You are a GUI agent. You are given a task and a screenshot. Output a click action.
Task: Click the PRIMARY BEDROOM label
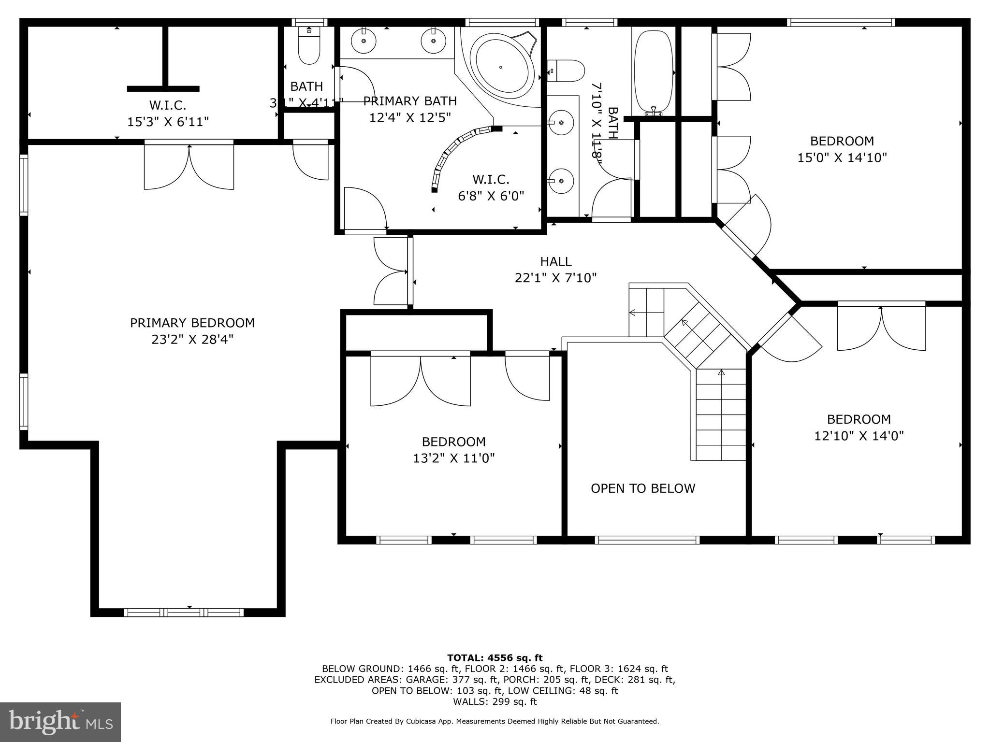(x=192, y=323)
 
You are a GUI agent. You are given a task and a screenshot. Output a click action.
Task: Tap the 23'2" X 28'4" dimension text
(x=192, y=340)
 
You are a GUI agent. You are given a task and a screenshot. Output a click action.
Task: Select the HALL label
(x=555, y=261)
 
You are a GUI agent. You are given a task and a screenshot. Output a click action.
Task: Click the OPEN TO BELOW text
(x=642, y=488)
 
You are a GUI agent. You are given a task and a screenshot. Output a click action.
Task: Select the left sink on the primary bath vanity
(x=364, y=40)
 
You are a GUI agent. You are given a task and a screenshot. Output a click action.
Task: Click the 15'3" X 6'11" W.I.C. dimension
(x=168, y=122)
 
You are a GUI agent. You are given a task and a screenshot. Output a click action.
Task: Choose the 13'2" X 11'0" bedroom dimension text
(x=453, y=458)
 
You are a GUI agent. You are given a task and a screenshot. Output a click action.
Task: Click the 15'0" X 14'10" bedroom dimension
(x=842, y=157)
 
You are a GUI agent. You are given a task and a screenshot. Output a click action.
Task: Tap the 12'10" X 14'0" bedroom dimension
(x=859, y=436)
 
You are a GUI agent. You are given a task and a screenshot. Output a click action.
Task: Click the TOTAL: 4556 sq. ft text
(x=495, y=658)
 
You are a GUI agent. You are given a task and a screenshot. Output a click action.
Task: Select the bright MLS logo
(x=60, y=722)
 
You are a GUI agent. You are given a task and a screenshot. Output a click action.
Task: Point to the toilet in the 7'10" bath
(x=567, y=71)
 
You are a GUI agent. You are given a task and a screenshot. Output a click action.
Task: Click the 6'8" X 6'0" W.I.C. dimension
(x=491, y=196)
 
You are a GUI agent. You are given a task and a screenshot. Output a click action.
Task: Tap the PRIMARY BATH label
(x=409, y=101)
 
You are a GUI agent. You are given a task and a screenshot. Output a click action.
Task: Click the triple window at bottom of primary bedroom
(x=184, y=613)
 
